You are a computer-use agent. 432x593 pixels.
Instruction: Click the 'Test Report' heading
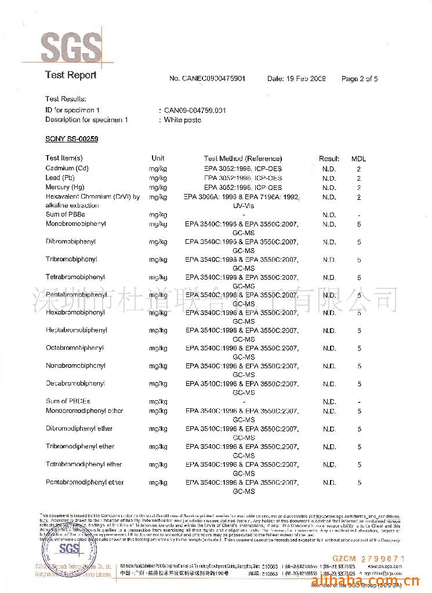coord(71,75)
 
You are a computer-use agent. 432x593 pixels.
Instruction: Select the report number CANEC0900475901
coord(207,79)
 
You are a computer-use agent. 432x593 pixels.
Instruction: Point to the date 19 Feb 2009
coord(296,79)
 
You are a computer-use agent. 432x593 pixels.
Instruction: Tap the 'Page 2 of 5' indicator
coord(360,79)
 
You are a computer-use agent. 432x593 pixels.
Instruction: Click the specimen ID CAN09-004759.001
coord(194,110)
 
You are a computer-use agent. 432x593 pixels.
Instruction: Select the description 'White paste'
coord(182,120)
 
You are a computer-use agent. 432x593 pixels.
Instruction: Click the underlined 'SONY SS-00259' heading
coord(71,139)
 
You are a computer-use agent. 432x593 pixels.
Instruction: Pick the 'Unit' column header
coord(158,158)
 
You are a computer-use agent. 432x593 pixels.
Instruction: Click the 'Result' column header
coord(329,158)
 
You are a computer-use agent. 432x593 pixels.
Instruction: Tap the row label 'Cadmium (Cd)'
coord(67,169)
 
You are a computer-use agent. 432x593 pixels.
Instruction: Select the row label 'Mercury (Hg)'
coord(64,188)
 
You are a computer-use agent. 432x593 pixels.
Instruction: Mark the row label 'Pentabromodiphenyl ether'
coord(85,482)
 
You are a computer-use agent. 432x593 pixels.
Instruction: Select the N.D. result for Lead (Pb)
coord(329,178)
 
